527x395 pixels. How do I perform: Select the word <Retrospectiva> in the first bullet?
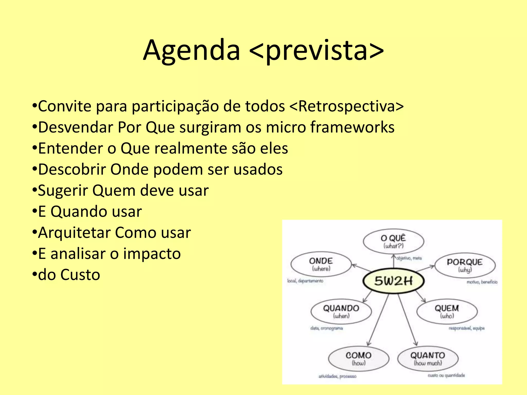(346, 106)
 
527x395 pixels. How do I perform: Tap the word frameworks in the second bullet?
(352, 127)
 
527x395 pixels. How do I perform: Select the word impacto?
(152, 254)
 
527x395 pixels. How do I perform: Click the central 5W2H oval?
(393, 281)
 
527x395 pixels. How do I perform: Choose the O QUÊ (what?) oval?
(393, 241)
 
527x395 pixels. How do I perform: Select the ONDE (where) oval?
(321, 264)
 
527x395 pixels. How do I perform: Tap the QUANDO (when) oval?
(341, 311)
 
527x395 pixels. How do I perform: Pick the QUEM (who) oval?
(447, 311)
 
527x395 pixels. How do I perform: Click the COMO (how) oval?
(358, 358)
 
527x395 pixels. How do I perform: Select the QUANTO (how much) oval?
(428, 358)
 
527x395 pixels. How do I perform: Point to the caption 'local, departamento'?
(305, 281)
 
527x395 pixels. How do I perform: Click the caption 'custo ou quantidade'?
(446, 375)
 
